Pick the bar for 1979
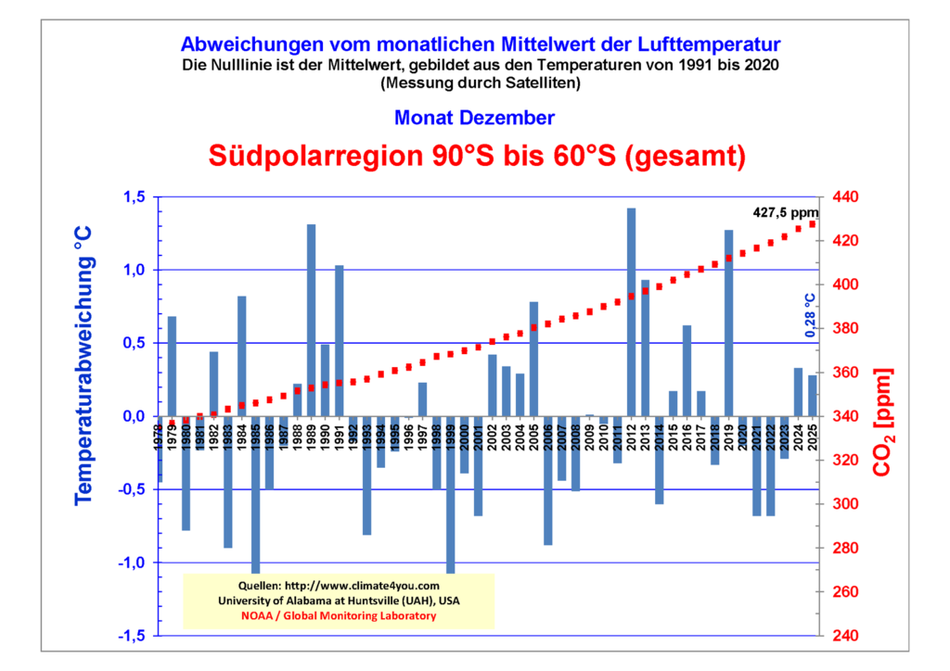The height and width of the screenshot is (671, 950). coord(172,366)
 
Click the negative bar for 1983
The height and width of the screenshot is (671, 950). coord(227,482)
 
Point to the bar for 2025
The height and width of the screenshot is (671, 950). coord(813,396)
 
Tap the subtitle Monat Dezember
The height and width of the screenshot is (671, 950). coord(474,118)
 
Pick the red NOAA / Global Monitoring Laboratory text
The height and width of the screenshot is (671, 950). coord(338,615)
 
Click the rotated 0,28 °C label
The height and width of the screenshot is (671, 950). coord(808,315)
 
